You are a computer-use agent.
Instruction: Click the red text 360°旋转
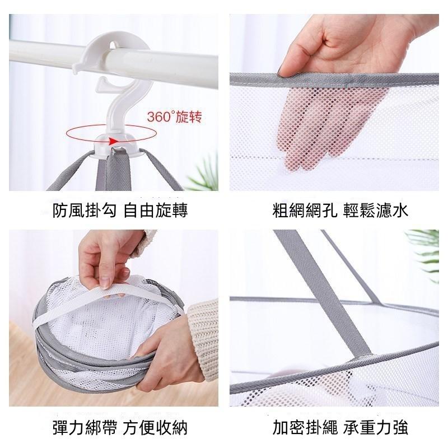coord(175,116)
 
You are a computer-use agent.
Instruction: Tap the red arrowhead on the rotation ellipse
coord(114,141)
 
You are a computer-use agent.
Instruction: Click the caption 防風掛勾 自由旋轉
coord(120,211)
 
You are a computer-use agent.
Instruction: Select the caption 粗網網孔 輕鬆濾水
coord(340,211)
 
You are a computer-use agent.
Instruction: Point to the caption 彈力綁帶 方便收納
coord(120,427)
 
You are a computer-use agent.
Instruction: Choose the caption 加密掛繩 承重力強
coord(340,427)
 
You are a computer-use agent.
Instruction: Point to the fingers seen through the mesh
coord(323,125)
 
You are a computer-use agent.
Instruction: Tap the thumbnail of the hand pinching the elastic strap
coord(105,283)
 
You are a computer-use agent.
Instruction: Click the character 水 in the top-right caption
coord(400,211)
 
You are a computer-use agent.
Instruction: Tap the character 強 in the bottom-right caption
coord(400,427)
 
